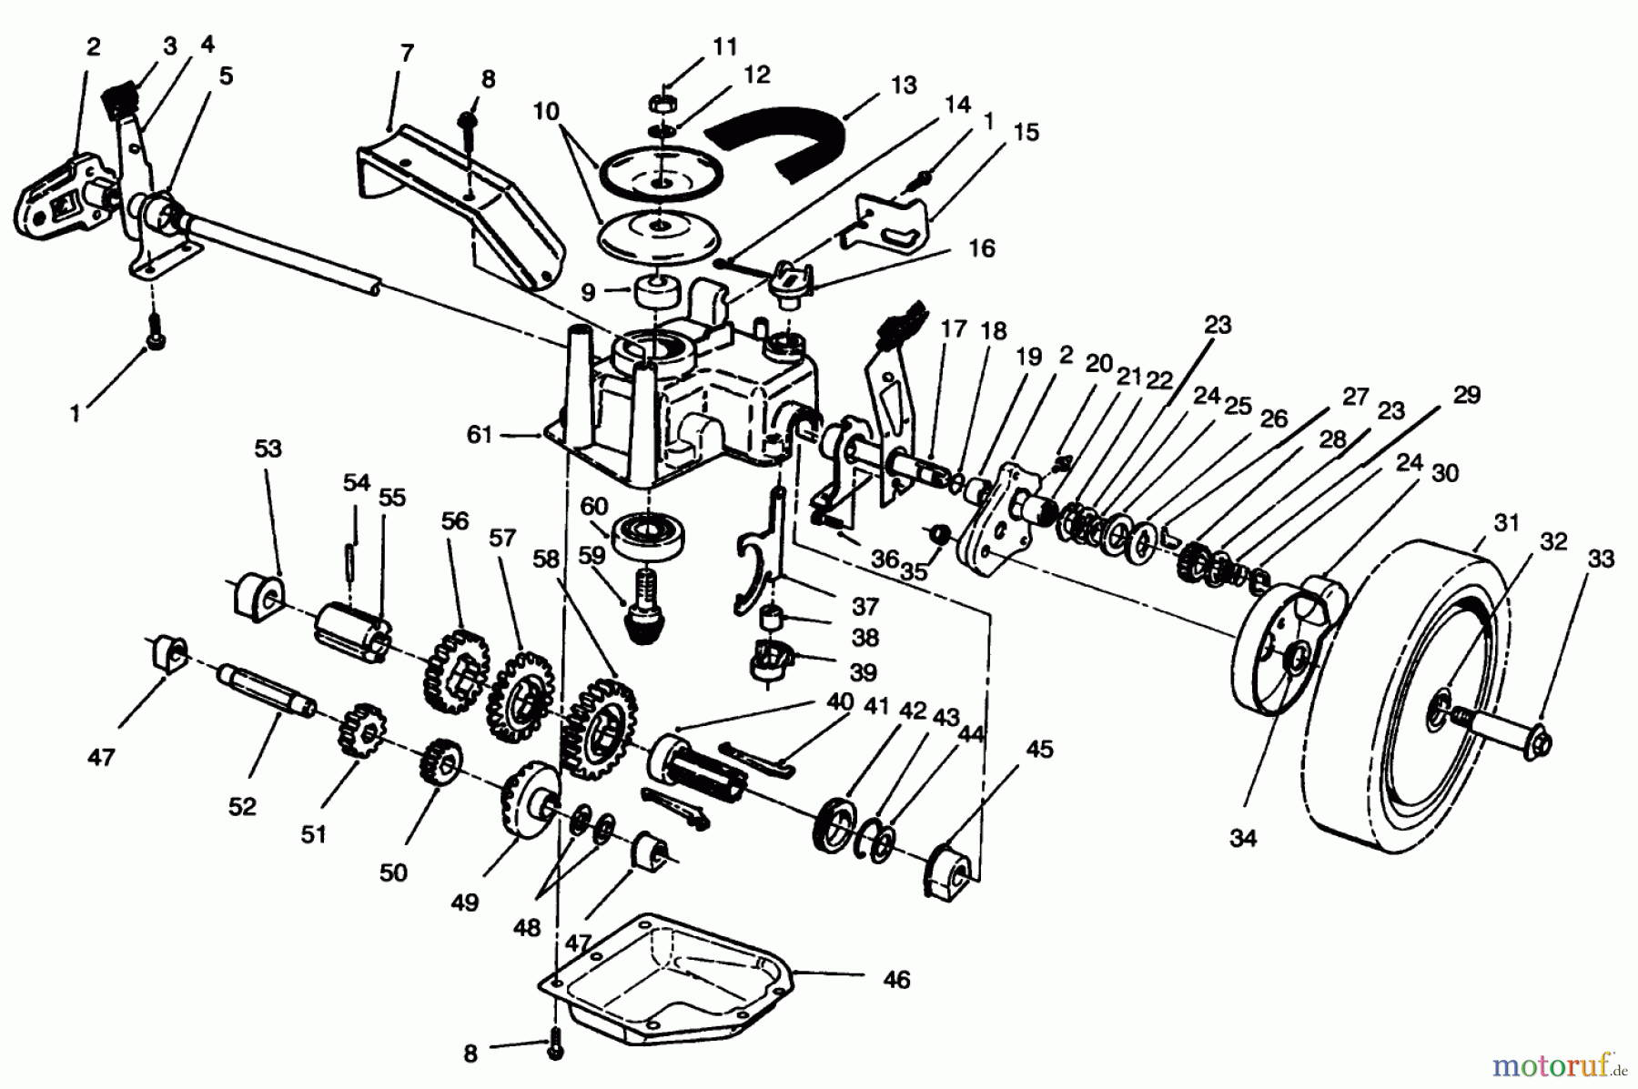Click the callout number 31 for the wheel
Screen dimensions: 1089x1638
(1507, 522)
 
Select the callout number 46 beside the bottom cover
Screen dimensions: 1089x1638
(896, 980)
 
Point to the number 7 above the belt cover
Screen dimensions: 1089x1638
(407, 53)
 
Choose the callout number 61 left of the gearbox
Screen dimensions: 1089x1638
(479, 436)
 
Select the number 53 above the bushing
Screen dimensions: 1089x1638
(268, 449)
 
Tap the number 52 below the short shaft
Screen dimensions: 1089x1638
(242, 806)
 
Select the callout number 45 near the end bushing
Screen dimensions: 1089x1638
(1039, 749)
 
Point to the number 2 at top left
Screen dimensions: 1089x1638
(94, 46)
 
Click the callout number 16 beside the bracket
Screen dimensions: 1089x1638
(982, 248)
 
